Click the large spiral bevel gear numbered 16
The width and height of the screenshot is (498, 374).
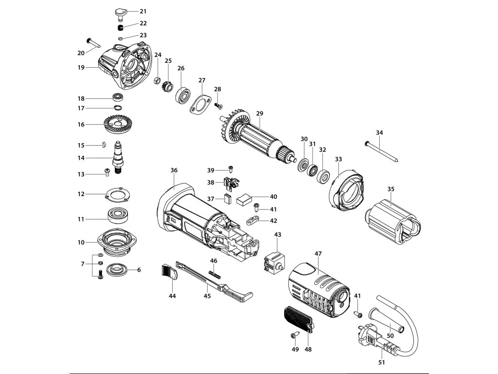point(119,125)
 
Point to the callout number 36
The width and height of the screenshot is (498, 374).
point(174,170)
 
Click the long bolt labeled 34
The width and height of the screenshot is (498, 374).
point(381,151)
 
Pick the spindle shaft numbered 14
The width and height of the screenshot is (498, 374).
point(118,157)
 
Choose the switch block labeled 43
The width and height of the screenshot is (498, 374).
point(274,262)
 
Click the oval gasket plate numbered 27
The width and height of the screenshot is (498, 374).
point(201,104)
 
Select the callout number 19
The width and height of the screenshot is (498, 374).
point(81,67)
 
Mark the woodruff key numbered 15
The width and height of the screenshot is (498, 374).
point(103,145)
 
